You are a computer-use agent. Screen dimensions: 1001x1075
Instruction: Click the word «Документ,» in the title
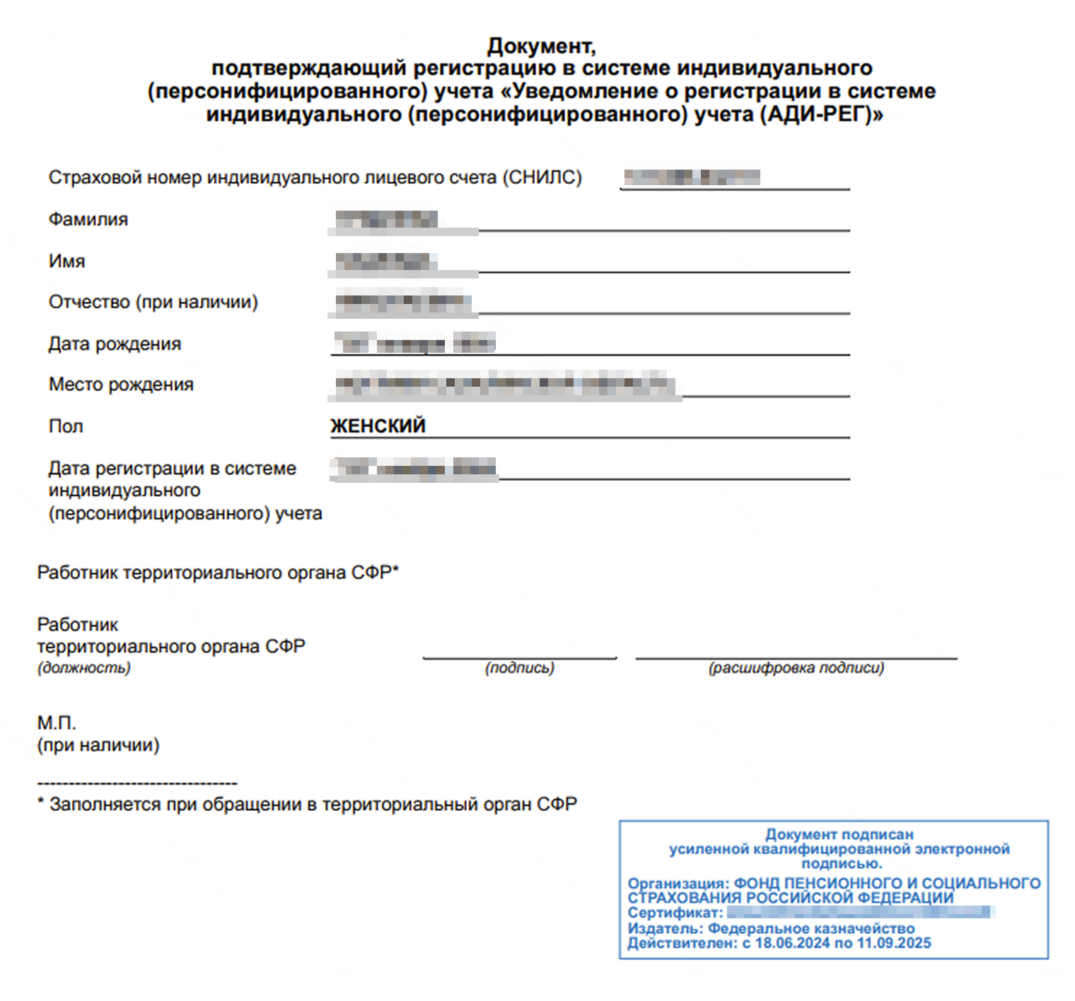[541, 46]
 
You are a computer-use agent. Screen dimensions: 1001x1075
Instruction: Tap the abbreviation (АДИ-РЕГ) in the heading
[821, 114]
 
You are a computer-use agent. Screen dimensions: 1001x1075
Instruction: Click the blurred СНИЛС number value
[692, 177]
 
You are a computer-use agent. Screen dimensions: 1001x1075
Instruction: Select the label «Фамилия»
[88, 219]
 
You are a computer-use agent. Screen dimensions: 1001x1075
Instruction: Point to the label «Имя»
[66, 261]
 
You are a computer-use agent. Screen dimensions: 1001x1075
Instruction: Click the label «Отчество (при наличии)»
[153, 302]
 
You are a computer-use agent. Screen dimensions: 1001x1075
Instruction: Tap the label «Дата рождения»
[115, 344]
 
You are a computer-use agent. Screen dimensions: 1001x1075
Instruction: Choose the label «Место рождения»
[121, 385]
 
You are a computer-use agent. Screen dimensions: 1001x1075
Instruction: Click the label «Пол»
[66, 426]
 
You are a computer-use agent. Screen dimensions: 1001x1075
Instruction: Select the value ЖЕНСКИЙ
[378, 426]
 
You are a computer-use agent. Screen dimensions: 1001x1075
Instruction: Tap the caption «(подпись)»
[520, 668]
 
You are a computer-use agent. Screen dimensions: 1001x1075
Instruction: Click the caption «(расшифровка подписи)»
[796, 668]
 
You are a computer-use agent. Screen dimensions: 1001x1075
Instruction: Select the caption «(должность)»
[84, 668]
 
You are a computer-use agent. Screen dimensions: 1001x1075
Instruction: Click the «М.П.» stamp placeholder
[57, 722]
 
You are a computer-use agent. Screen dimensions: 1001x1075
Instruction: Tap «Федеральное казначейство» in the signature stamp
[811, 928]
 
